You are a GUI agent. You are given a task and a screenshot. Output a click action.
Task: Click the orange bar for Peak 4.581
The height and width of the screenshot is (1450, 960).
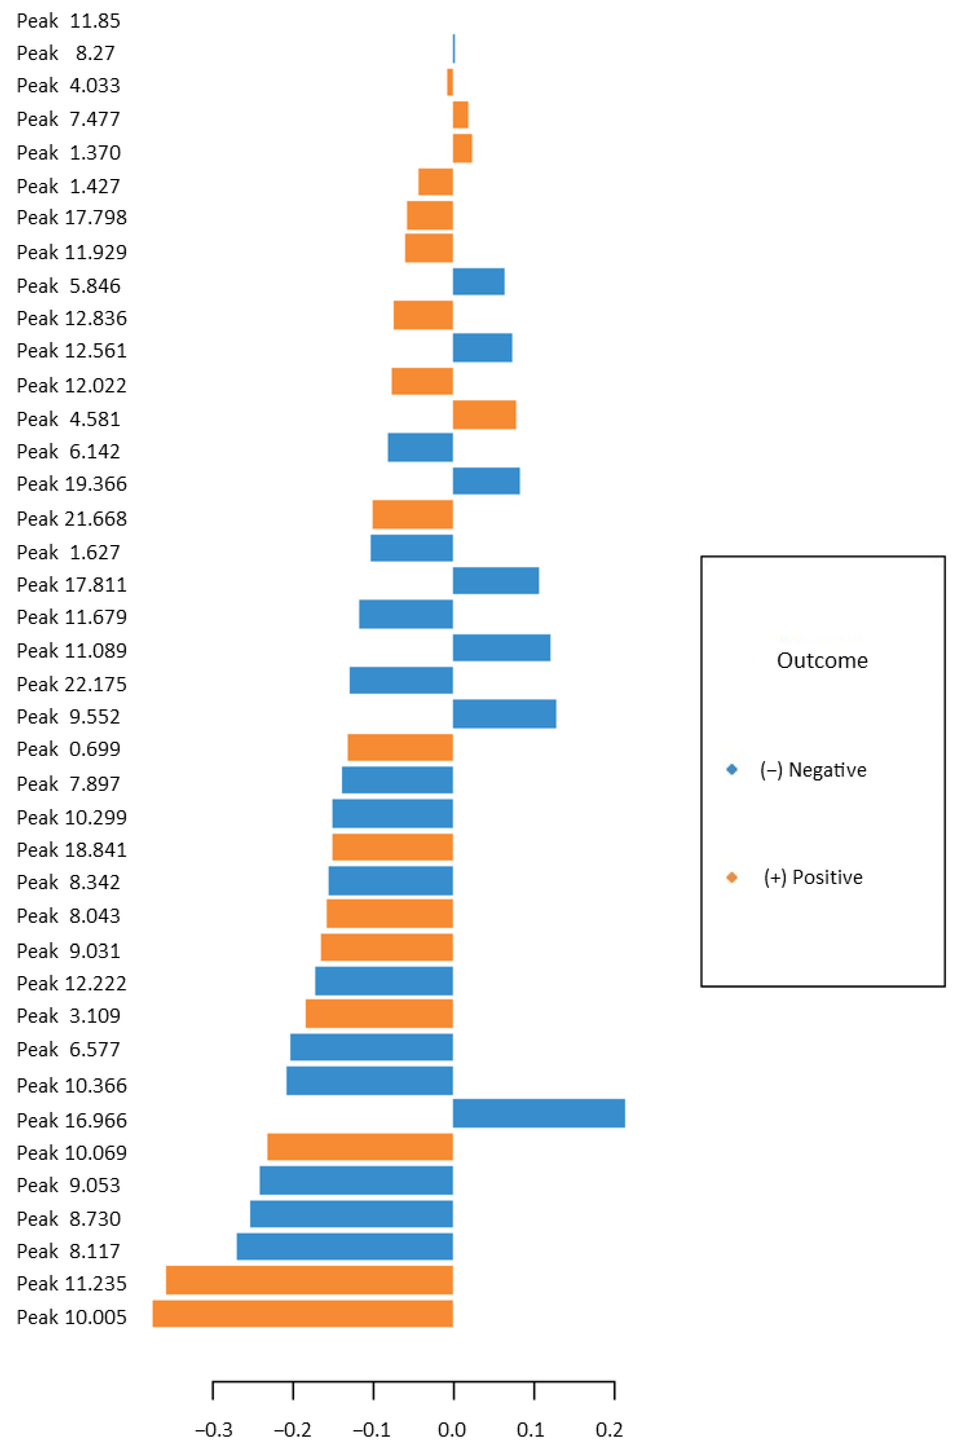(x=484, y=415)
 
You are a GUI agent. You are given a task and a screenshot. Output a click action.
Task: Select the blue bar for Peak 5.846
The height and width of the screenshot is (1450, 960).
(x=479, y=281)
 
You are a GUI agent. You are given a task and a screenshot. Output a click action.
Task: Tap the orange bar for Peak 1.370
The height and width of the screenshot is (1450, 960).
(x=462, y=148)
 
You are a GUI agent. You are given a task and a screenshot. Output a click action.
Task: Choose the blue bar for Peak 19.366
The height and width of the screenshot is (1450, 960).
(x=486, y=481)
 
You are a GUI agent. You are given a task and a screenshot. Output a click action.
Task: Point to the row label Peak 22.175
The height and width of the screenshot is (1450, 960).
(x=72, y=684)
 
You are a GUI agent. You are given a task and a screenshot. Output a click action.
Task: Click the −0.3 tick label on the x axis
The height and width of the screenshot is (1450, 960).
(x=214, y=1430)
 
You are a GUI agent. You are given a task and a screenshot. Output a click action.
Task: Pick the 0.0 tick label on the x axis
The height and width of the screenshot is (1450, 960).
(x=452, y=1430)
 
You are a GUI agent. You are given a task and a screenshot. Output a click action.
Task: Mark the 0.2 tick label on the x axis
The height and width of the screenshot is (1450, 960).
(x=609, y=1430)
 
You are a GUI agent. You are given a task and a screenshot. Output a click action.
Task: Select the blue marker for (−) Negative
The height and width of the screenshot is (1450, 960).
(x=732, y=770)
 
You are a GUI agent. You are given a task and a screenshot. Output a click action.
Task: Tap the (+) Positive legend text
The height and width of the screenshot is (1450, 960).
(x=813, y=877)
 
